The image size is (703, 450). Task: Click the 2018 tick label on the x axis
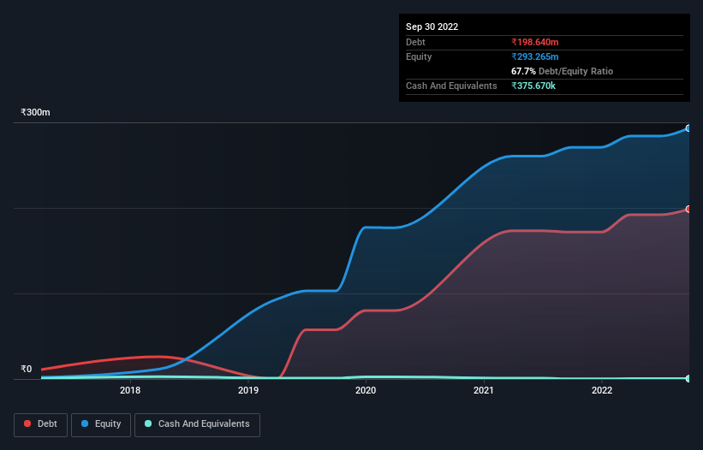pyautogui.click(x=130, y=391)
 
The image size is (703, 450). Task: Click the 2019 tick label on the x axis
pyautogui.click(x=248, y=391)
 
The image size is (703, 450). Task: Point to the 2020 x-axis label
pyautogui.click(x=366, y=391)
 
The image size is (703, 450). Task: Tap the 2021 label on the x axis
pyautogui.click(x=484, y=391)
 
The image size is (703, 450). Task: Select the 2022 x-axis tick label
pyautogui.click(x=602, y=391)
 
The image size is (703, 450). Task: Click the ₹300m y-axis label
pyautogui.click(x=36, y=113)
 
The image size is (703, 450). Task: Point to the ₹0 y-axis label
pyautogui.click(x=26, y=370)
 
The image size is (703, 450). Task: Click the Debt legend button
pyautogui.click(x=40, y=424)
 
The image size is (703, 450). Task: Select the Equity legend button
pyautogui.click(x=101, y=424)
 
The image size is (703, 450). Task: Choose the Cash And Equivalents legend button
pyautogui.click(x=197, y=424)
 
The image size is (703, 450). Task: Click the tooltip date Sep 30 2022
pyautogui.click(x=432, y=27)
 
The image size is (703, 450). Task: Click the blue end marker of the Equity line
pyautogui.click(x=688, y=128)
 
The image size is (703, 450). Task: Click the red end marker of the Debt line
pyautogui.click(x=688, y=209)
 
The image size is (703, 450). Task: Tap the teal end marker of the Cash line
pyautogui.click(x=688, y=378)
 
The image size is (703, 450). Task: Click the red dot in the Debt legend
pyautogui.click(x=28, y=424)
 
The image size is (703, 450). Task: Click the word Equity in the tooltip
pyautogui.click(x=419, y=56)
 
